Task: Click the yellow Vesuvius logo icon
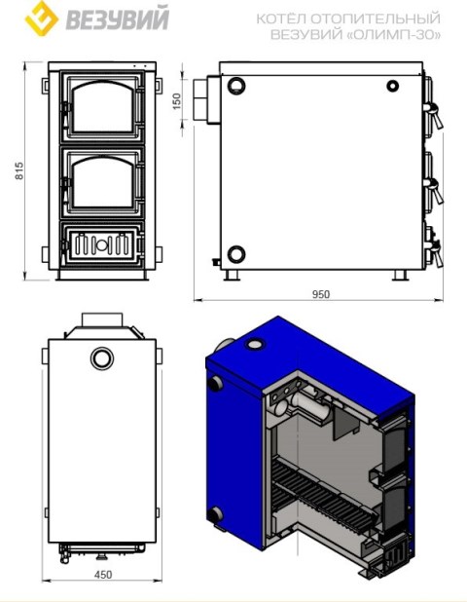click(x=42, y=19)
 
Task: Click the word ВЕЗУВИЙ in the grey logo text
click(x=118, y=19)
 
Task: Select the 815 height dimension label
click(x=18, y=170)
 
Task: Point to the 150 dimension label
click(x=176, y=101)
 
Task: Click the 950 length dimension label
click(x=321, y=294)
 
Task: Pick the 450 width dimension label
click(x=103, y=575)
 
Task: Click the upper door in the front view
click(x=102, y=107)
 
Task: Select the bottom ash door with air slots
click(x=102, y=244)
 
